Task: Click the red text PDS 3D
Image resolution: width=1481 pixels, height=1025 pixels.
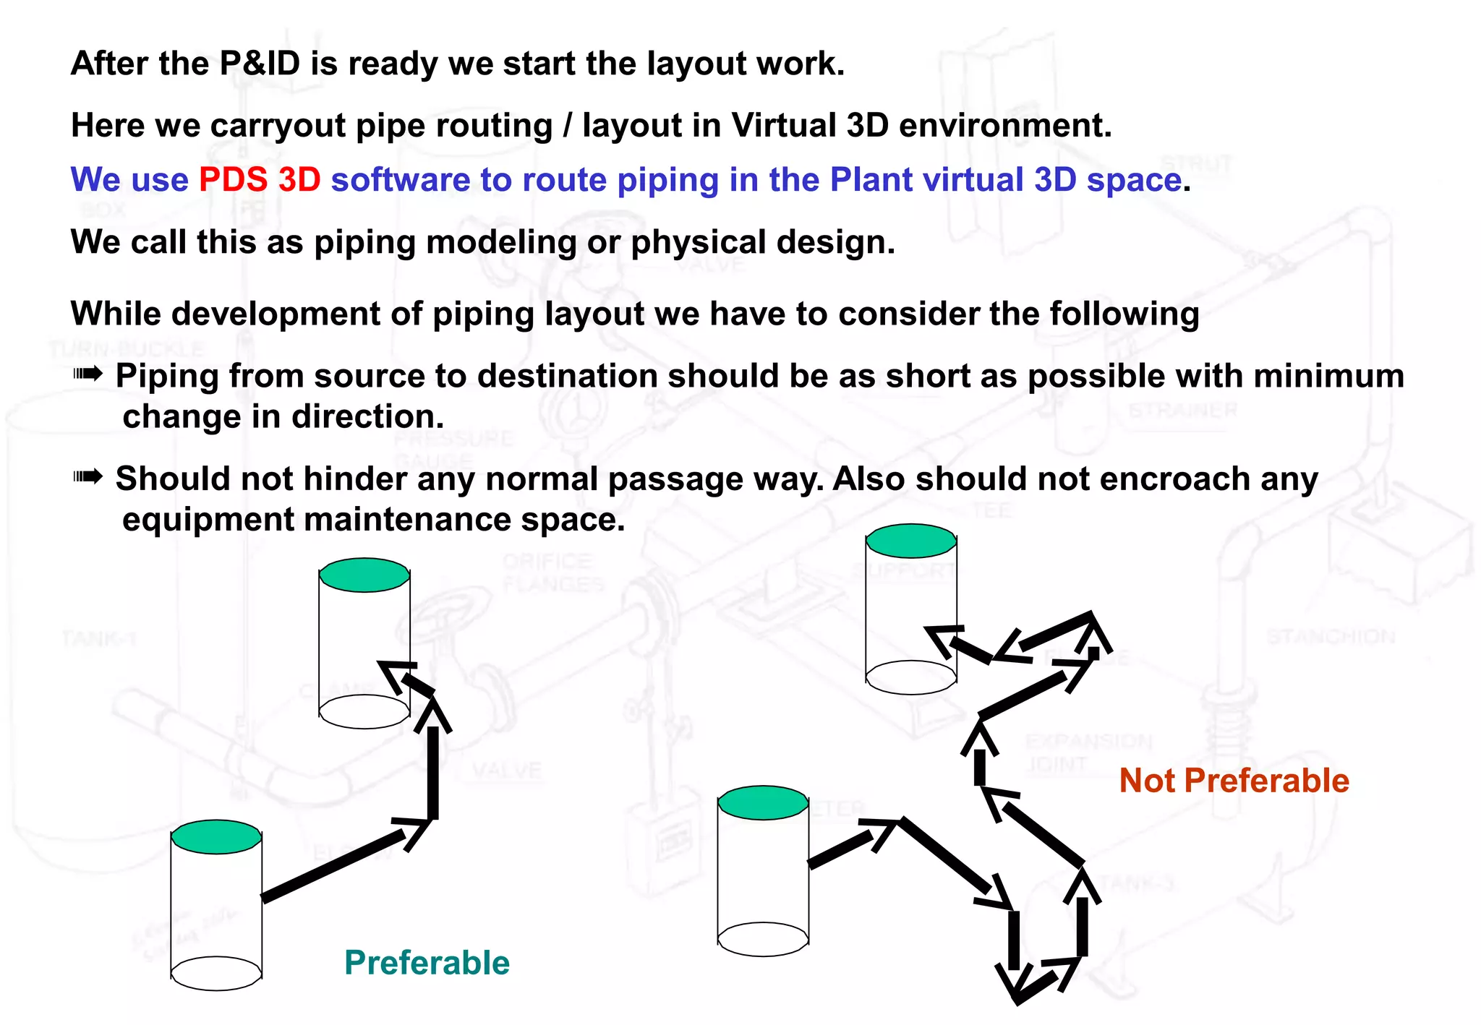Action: [x=260, y=179]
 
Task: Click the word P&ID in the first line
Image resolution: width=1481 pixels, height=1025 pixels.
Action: [x=260, y=64]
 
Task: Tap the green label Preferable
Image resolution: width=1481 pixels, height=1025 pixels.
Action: [x=427, y=963]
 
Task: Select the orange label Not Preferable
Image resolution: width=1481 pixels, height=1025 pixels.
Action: [x=1234, y=781]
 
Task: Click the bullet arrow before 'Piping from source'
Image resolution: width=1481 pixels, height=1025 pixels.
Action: [x=88, y=374]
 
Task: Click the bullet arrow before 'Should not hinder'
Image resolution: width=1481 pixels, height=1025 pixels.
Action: [x=88, y=476]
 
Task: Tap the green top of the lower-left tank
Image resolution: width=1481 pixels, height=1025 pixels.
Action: [x=216, y=836]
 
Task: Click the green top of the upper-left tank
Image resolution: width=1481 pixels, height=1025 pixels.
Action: [x=364, y=575]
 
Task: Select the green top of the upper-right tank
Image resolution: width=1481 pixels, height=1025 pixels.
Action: [x=911, y=541]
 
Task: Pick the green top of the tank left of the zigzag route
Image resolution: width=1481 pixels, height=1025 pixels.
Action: [x=763, y=802]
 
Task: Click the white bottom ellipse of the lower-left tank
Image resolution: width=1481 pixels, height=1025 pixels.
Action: [x=216, y=973]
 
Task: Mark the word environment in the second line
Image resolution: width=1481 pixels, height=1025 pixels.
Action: [x=1004, y=125]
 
